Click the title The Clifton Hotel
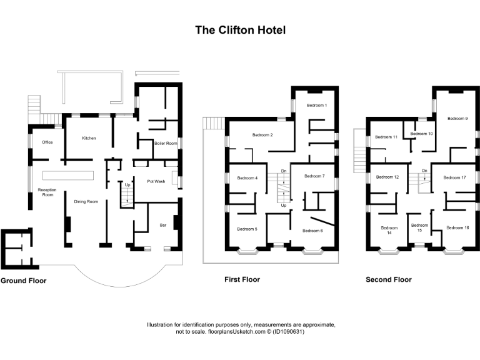(x=241, y=29)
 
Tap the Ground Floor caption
(x=24, y=281)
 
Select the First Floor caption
(x=242, y=279)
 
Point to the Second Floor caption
(x=389, y=279)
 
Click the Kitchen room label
(x=89, y=138)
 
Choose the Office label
(x=47, y=142)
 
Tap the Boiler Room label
(x=166, y=143)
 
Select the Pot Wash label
(x=156, y=181)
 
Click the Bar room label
(x=164, y=224)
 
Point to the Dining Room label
(x=86, y=201)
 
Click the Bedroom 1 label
(x=317, y=105)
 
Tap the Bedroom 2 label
(x=262, y=135)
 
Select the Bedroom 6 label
(x=312, y=231)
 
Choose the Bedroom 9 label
(x=457, y=118)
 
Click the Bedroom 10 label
(x=421, y=134)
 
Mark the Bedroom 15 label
(x=419, y=228)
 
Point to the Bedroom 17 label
(x=454, y=177)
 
